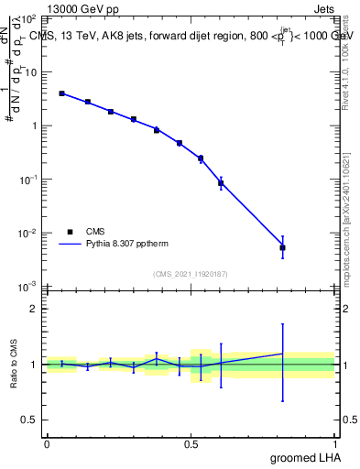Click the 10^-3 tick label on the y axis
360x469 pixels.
pos(30,288)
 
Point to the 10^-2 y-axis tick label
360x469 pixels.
pos(30,234)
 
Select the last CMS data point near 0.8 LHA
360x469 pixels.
pos(283,247)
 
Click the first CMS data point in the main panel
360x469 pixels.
pos(61,93)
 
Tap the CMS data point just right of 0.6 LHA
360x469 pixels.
pos(221,183)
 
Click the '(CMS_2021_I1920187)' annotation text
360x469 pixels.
pos(191,273)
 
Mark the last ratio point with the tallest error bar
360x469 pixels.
pos(283,354)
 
